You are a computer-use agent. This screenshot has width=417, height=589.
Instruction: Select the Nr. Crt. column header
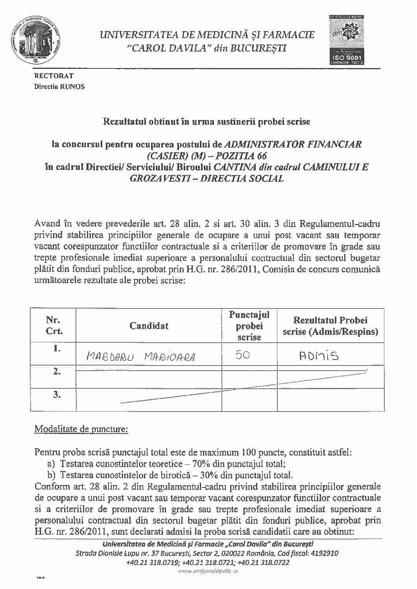(x=54, y=325)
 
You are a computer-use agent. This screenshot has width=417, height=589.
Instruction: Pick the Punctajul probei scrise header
(x=249, y=325)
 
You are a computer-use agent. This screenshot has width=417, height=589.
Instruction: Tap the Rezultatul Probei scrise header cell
(x=330, y=326)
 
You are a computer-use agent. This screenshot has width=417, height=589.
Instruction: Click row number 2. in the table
(x=57, y=371)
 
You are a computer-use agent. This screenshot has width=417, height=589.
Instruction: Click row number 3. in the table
(x=57, y=395)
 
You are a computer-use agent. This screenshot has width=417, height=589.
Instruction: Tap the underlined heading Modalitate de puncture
(x=81, y=429)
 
